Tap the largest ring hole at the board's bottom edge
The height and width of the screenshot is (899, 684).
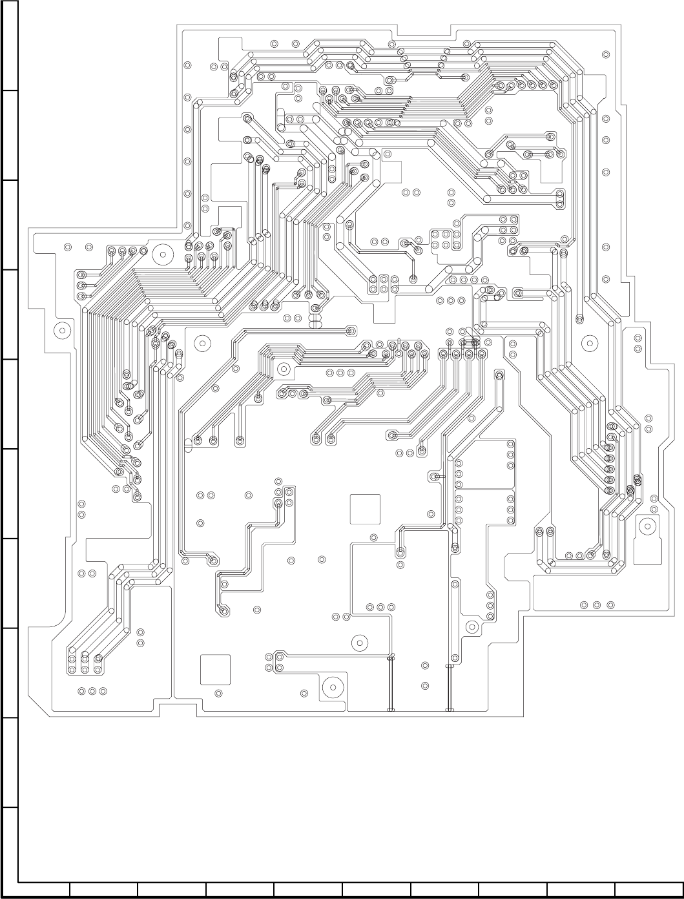[333, 688]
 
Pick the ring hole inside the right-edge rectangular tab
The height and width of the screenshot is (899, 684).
[647, 527]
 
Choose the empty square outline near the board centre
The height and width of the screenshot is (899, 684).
[366, 509]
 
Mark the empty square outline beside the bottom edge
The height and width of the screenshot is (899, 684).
[215, 670]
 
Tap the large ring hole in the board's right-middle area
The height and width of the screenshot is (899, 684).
[588, 342]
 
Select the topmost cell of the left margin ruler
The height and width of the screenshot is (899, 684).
[9, 45]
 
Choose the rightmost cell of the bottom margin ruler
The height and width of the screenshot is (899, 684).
[648, 889]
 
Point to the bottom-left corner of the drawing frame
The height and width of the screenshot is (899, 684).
[18, 880]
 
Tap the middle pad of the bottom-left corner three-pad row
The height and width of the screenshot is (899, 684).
[92, 691]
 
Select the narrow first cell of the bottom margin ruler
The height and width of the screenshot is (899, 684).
[43, 889]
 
